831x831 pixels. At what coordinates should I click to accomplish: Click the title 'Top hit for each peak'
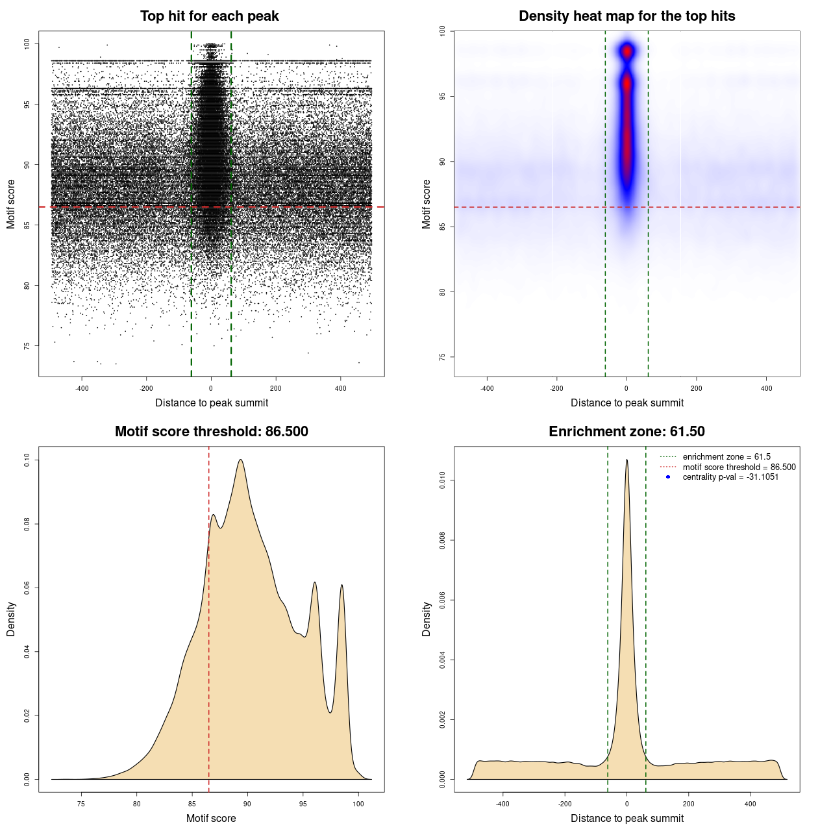point(209,16)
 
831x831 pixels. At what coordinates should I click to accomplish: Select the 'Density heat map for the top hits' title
point(626,16)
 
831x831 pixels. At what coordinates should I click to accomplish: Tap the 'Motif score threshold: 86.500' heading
point(211,432)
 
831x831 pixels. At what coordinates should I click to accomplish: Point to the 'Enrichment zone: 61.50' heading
point(626,432)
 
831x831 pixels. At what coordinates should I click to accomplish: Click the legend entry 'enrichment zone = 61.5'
point(726,457)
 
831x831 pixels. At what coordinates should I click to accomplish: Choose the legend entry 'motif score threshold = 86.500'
point(739,467)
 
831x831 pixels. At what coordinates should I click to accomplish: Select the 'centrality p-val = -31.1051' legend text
point(730,477)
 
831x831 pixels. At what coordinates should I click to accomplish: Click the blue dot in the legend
point(668,477)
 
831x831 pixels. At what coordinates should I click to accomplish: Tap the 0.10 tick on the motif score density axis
point(27,460)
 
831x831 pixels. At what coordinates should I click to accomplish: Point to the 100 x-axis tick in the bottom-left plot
point(358,804)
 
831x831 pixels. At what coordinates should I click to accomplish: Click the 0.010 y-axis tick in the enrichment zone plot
point(442,481)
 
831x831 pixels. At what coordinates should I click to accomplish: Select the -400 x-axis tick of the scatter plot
point(82,388)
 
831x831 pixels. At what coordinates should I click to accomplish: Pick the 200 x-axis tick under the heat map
point(697,388)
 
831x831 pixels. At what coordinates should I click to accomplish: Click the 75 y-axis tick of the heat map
point(442,357)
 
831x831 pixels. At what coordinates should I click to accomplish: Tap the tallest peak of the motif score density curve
point(241,460)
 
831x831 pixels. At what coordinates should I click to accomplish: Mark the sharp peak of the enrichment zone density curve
point(626,460)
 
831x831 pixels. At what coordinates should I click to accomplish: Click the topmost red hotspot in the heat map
point(627,50)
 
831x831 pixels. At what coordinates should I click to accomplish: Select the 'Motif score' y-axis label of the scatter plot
point(10,204)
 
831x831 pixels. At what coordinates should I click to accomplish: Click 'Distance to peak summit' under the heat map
point(626,403)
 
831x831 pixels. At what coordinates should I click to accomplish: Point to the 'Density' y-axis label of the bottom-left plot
point(10,619)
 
